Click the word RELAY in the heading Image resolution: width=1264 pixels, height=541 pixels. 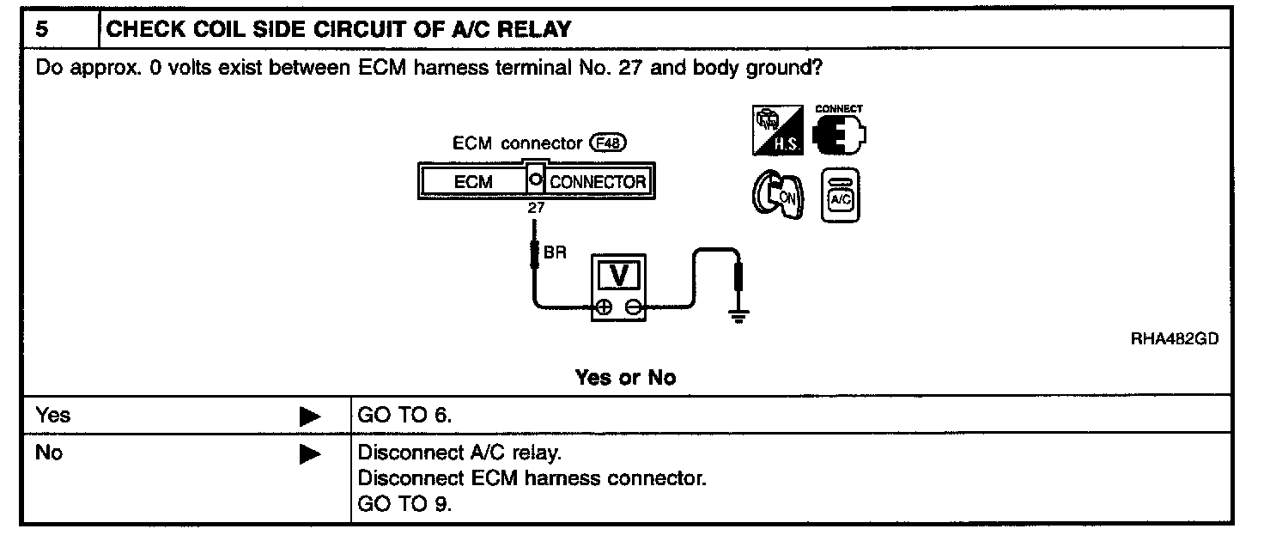[535, 30]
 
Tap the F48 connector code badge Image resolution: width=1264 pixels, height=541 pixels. [608, 144]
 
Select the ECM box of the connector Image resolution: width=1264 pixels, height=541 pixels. [473, 182]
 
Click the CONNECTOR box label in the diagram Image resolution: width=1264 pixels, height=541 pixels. [597, 182]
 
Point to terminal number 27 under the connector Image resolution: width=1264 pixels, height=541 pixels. [536, 206]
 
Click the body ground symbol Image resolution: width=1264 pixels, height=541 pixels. [737, 316]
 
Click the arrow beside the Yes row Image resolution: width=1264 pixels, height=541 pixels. [309, 417]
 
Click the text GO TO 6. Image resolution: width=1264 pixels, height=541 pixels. [404, 416]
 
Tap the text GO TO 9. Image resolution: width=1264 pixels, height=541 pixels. [404, 504]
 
